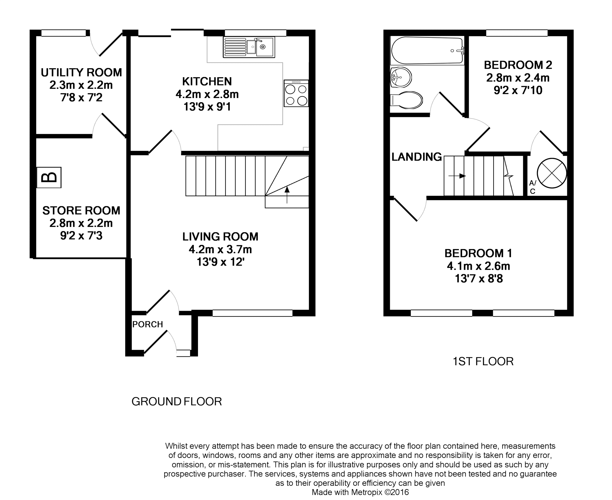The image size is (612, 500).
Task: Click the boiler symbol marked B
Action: tap(49, 177)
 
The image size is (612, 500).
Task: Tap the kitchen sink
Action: tap(249, 47)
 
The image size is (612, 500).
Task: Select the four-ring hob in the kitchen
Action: tap(296, 93)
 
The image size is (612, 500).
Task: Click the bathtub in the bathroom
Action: tap(427, 50)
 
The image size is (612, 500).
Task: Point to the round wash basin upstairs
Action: tap(401, 77)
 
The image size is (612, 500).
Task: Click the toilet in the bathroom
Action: tap(406, 100)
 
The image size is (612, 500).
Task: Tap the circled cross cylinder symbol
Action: tap(552, 173)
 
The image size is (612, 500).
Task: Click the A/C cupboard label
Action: tap(533, 187)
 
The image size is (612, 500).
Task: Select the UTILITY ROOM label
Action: tap(81, 73)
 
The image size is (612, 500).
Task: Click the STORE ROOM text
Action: tap(81, 210)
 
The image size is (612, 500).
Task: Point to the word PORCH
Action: tap(147, 324)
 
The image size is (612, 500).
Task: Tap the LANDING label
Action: tap(416, 157)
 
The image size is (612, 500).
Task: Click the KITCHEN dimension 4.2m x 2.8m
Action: tap(207, 94)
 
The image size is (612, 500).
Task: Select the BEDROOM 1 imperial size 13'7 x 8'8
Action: tap(479, 278)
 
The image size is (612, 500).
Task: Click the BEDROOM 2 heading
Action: tap(518, 65)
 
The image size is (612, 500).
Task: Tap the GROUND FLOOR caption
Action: tap(176, 401)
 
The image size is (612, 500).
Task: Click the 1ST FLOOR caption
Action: tap(483, 361)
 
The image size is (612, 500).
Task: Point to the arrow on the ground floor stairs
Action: tap(287, 195)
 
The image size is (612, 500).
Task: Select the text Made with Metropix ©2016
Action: tap(360, 492)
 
